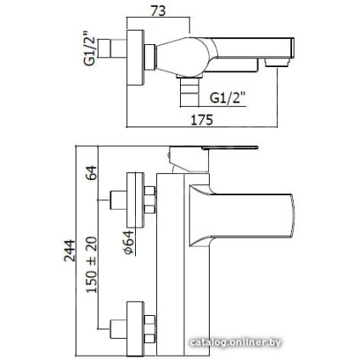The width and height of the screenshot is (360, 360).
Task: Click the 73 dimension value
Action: click(158, 11)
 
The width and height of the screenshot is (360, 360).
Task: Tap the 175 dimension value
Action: click(201, 120)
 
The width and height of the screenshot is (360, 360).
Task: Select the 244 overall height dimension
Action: click(69, 250)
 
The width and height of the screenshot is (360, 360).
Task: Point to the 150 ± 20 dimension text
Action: click(92, 265)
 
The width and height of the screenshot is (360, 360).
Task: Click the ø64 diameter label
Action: click(128, 242)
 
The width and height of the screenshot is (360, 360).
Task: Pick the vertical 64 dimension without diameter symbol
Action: click(92, 172)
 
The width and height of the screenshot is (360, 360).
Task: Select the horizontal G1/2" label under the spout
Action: click(227, 98)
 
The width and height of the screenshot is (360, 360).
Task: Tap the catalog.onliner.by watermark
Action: click(235, 343)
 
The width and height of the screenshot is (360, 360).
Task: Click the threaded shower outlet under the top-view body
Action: click(189, 90)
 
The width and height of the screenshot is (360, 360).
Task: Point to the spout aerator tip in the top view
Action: click(277, 62)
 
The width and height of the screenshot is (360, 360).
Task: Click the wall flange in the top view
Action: click(135, 57)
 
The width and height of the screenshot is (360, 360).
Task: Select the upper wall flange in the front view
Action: click(135, 200)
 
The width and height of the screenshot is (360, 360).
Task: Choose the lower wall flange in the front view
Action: click(135, 329)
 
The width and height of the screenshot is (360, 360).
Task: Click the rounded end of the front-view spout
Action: click(293, 216)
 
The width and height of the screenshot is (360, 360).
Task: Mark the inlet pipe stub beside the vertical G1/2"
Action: click(112, 48)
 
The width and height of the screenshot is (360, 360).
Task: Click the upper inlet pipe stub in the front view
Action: click(117, 200)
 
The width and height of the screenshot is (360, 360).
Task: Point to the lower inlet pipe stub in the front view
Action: click(117, 329)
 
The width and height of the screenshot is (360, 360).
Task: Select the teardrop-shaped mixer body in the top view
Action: click(185, 57)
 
